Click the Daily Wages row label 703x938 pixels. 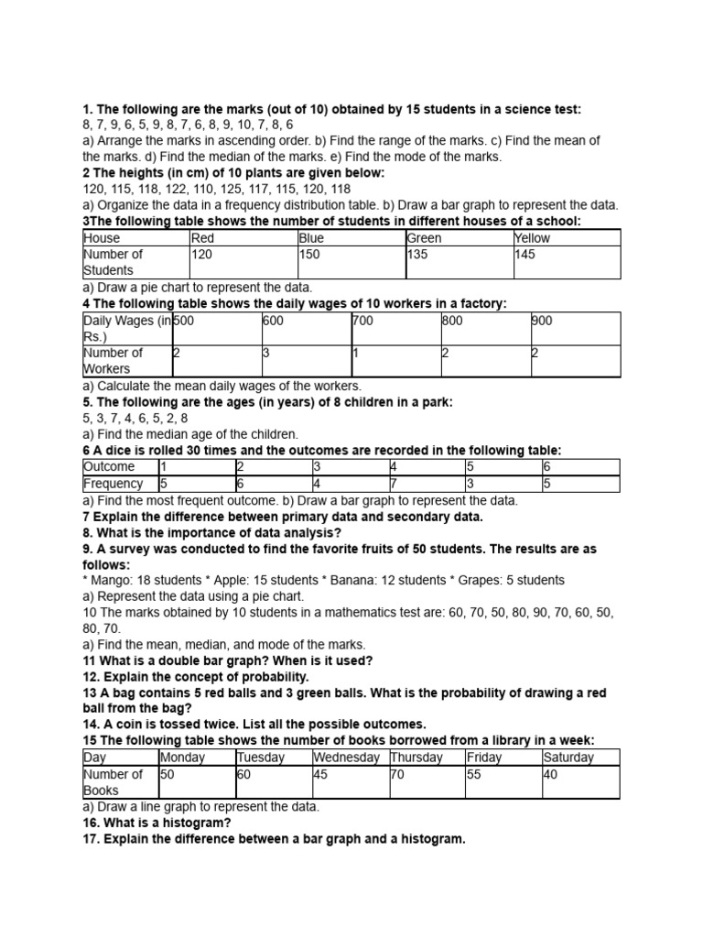coord(126,329)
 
